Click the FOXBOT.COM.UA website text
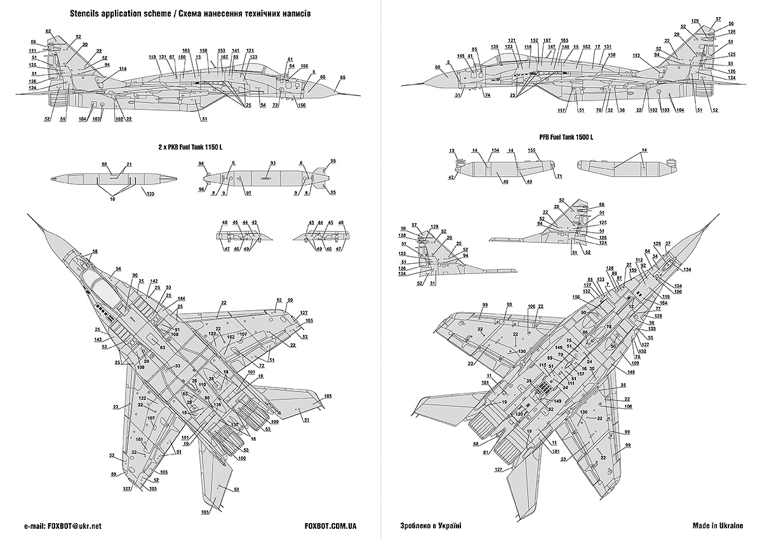(330, 526)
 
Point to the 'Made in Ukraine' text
(718, 526)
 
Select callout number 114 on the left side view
(122, 69)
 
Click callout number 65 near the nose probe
(342, 78)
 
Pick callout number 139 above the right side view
(495, 47)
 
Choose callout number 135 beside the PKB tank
(150, 193)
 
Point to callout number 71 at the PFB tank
(559, 175)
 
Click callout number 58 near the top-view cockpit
(95, 252)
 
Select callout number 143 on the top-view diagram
(98, 339)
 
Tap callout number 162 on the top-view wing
(231, 337)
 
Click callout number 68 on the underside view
(475, 444)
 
